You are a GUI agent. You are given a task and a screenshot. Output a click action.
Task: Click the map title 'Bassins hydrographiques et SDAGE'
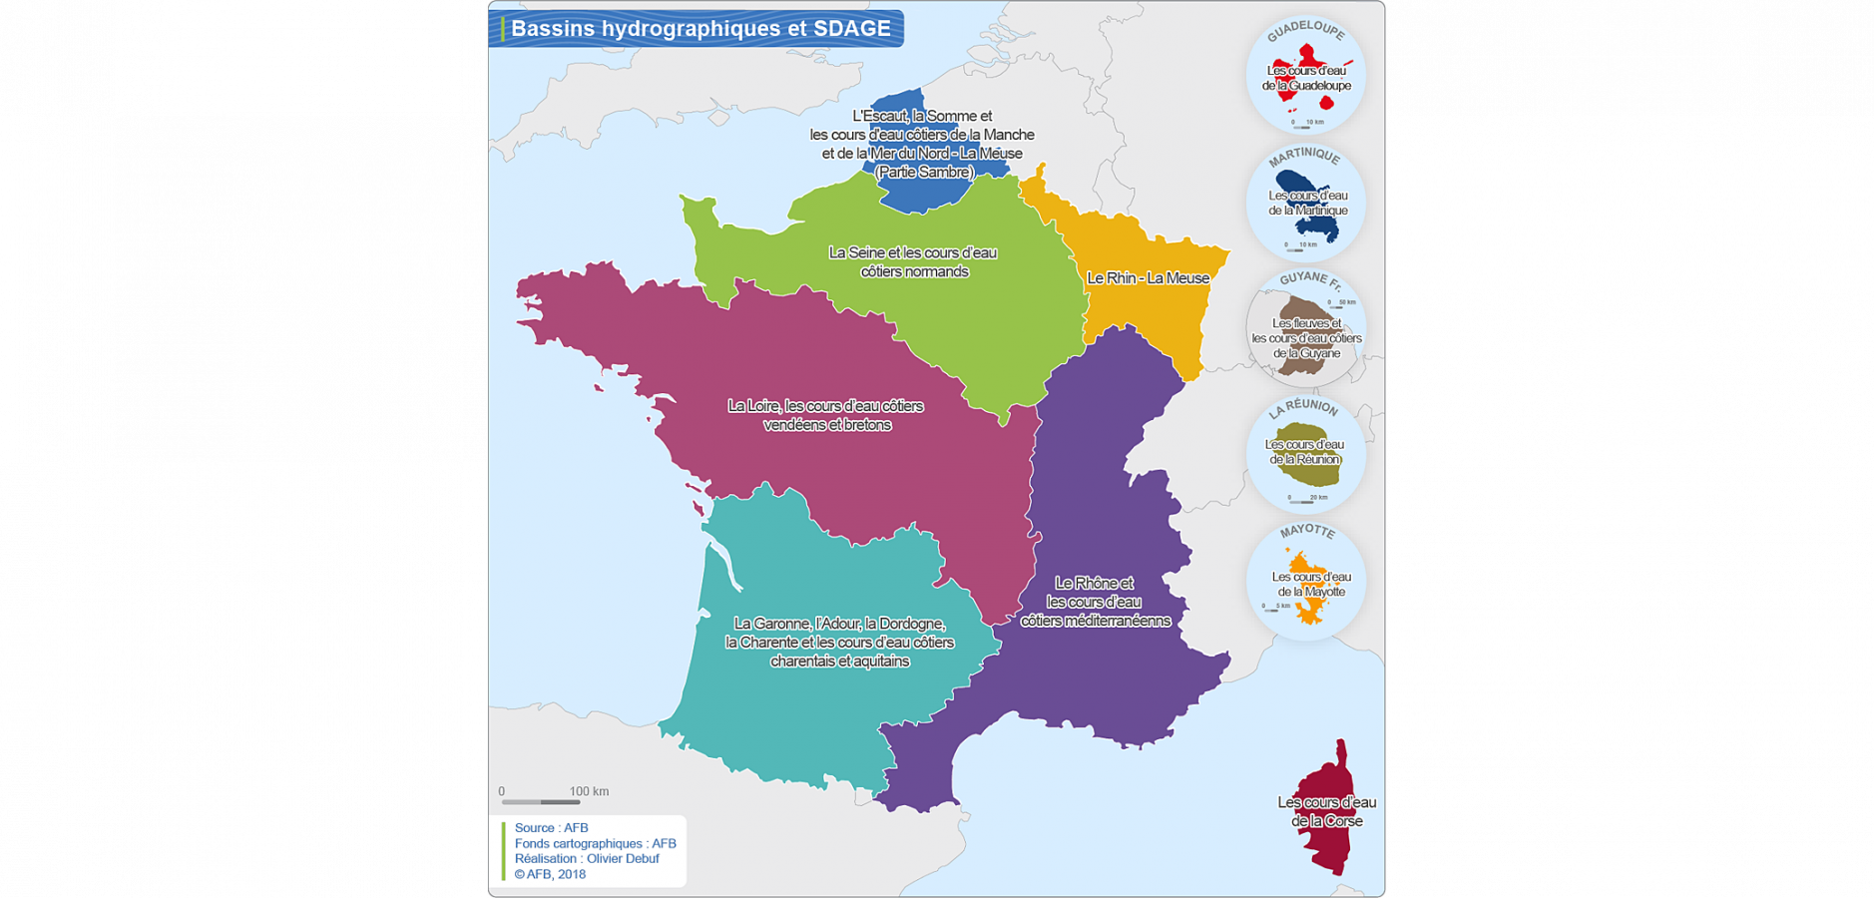pos(701,29)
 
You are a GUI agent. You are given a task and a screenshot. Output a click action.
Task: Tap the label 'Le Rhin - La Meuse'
pos(1148,278)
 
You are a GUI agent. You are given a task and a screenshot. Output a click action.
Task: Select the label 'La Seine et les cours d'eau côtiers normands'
pos(913,262)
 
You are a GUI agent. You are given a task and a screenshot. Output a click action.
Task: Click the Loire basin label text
pos(825,415)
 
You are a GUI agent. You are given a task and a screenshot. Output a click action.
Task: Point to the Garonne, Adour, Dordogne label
pos(839,643)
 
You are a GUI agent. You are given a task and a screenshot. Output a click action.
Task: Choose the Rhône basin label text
pos(1095,602)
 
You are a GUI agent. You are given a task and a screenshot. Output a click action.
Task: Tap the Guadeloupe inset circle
pos(1306,76)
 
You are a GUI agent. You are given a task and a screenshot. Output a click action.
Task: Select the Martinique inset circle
pos(1306,203)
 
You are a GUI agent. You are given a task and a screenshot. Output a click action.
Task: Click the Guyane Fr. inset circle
pos(1306,329)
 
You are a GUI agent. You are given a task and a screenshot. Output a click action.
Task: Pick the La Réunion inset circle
pos(1306,455)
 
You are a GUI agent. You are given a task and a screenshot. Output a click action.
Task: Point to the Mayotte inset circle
pos(1306,582)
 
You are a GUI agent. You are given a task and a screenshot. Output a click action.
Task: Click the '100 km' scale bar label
pos(589,791)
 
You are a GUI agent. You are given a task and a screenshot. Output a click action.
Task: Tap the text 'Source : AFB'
pos(551,828)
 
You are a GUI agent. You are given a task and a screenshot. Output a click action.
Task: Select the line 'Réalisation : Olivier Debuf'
pos(587,858)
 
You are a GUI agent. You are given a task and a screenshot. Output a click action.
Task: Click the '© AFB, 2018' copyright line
pos(550,874)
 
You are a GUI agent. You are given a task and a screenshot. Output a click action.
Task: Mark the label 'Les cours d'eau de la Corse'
pos(1326,811)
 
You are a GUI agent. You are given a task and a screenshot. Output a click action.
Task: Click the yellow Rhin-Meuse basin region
pos(1148,309)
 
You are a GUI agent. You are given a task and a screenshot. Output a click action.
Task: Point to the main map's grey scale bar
pos(540,802)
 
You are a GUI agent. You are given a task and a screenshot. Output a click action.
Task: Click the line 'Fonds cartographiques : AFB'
pos(595,843)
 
